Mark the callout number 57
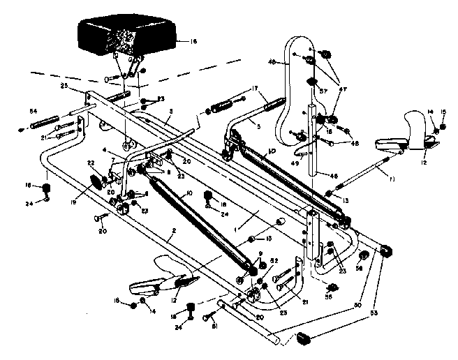[323, 91]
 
